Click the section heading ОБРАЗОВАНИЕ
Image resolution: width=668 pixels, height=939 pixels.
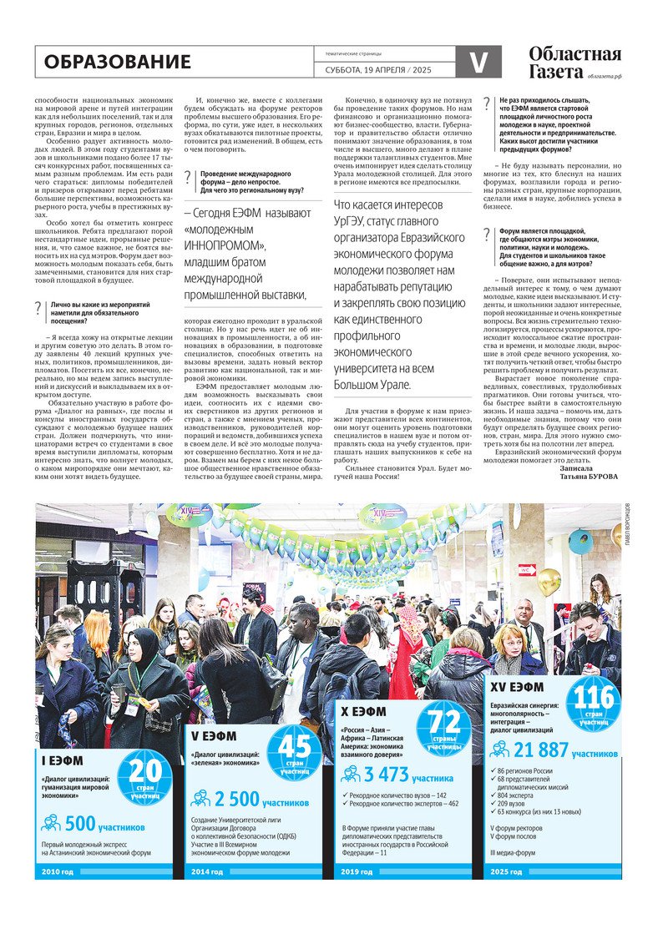(x=118, y=62)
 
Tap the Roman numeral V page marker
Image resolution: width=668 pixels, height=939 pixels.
(x=478, y=62)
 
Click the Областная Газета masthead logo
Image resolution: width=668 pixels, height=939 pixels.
(x=574, y=63)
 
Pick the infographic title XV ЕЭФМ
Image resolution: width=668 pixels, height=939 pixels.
(x=517, y=688)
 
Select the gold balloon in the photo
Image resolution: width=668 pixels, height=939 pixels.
(x=549, y=581)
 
